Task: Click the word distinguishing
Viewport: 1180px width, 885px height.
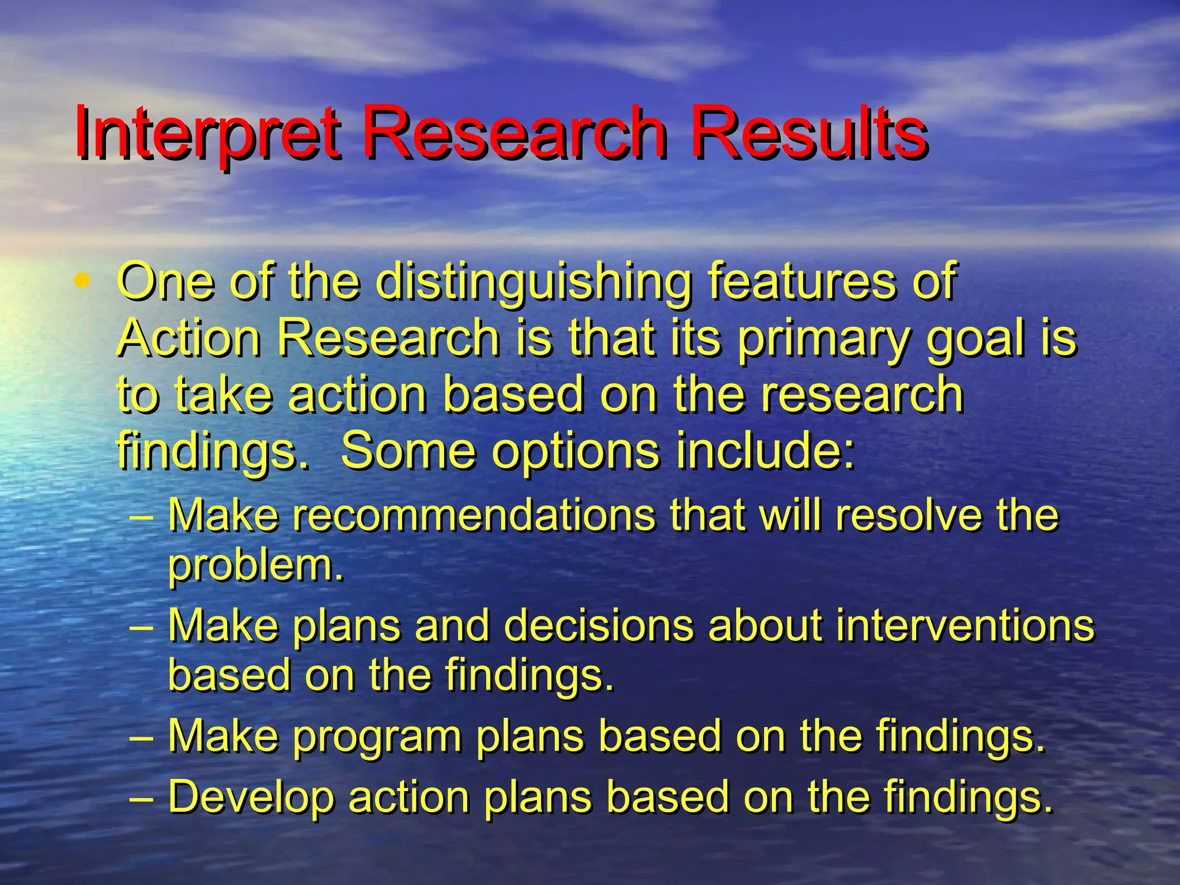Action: (x=534, y=282)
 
